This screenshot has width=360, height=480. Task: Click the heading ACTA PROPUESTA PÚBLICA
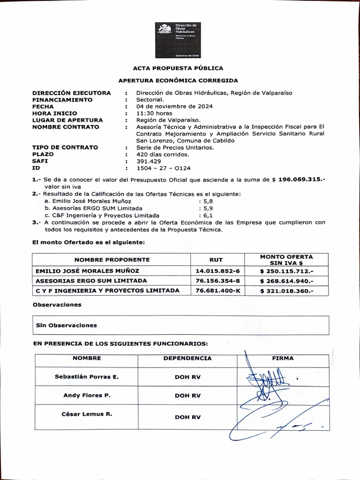tap(178, 68)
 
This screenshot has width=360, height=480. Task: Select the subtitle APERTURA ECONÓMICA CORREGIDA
tap(178, 81)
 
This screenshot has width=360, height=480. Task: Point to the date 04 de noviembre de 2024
tap(174, 106)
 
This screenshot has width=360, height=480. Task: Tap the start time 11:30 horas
tap(154, 113)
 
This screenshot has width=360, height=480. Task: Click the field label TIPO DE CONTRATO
tap(65, 147)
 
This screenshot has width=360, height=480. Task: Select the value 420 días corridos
tap(163, 154)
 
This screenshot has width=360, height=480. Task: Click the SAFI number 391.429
tap(149, 161)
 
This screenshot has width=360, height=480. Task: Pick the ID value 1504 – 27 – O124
tap(163, 168)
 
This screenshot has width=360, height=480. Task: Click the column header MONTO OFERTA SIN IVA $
tap(286, 260)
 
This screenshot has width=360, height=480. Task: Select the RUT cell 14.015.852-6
tap(217, 271)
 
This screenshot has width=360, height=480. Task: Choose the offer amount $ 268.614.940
tap(286, 281)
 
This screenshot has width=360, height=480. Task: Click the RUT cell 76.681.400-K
tap(217, 291)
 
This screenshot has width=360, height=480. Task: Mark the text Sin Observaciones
tap(67, 325)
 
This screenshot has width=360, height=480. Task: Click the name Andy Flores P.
tap(87, 396)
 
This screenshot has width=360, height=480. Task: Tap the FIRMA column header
tap(283, 358)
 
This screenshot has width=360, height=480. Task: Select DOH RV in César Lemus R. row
tap(187, 417)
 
